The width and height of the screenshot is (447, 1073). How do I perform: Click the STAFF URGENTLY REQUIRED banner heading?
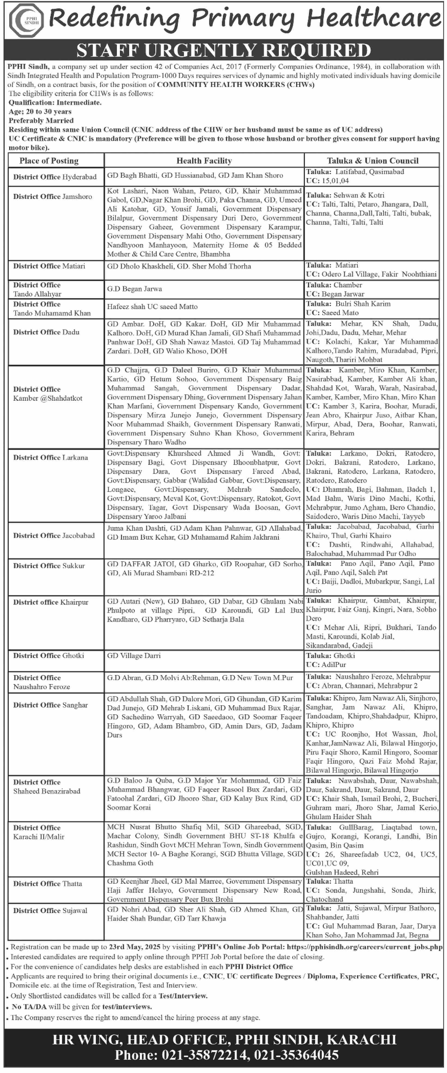(x=224, y=50)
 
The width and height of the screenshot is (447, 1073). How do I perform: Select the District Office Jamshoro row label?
(x=53, y=196)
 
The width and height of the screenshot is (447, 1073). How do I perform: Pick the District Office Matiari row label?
(x=49, y=266)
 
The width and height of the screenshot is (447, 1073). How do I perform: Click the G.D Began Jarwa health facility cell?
(x=134, y=289)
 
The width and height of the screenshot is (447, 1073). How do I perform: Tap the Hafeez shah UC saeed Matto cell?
(x=152, y=307)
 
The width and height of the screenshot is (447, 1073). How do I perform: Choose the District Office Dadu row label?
(x=46, y=332)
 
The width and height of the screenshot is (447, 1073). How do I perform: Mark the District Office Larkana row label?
(x=50, y=457)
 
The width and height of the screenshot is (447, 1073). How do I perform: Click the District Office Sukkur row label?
(x=49, y=566)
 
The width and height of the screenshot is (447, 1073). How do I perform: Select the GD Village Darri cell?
(x=133, y=656)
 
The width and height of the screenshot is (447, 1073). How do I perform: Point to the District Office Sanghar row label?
(x=50, y=705)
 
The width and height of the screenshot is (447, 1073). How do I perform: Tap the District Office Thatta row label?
(x=47, y=884)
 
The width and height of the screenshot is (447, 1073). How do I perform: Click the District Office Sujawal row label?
(x=50, y=911)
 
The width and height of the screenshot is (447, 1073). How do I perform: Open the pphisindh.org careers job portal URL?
(x=365, y=947)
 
